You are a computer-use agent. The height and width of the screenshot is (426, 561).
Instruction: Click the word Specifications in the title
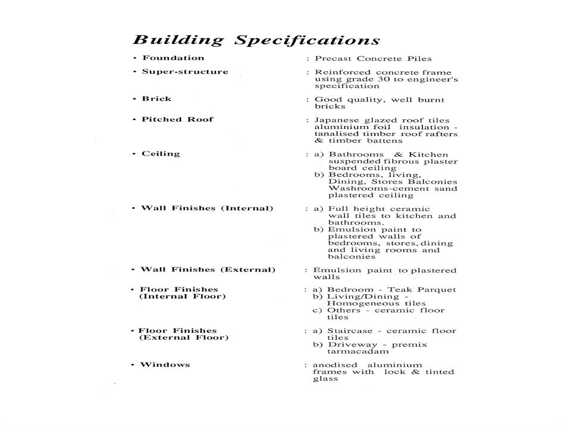click(307, 41)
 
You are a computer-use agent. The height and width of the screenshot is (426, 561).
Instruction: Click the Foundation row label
click(173, 58)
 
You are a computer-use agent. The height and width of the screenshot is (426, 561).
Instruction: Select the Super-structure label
click(184, 72)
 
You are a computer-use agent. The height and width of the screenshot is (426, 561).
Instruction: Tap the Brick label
click(156, 99)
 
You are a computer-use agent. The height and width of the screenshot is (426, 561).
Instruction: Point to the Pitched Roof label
click(177, 119)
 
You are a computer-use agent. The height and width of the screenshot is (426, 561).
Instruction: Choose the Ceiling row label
click(161, 154)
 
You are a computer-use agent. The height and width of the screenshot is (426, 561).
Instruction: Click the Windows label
click(165, 364)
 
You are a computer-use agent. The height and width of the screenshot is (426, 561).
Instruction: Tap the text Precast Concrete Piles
click(373, 59)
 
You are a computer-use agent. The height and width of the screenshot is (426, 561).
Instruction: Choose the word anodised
click(336, 365)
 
